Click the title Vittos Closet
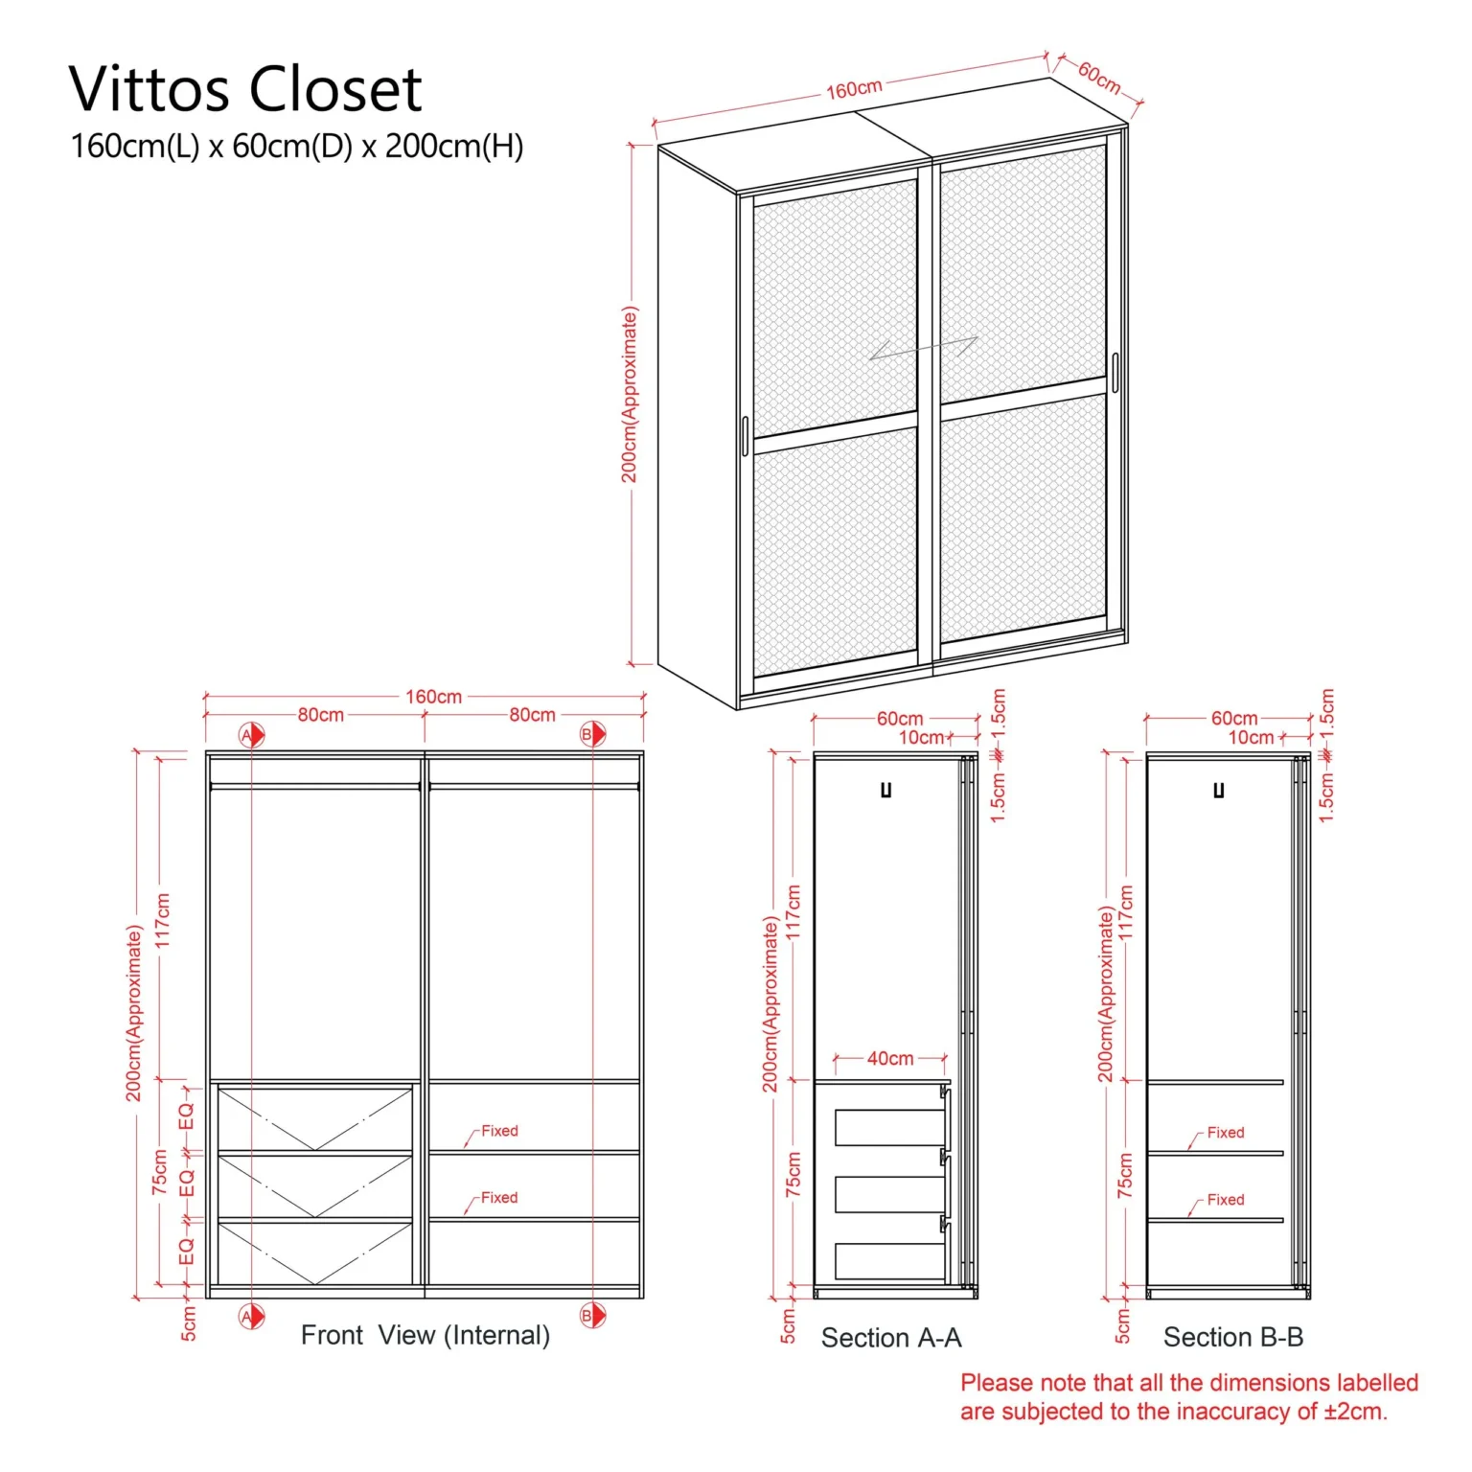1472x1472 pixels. [245, 90]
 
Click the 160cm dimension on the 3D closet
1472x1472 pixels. [854, 89]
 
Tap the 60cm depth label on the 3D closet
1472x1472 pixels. [1099, 77]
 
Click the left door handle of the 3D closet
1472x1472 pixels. [745, 436]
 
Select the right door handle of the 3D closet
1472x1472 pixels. [1115, 373]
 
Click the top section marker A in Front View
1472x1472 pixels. [251, 735]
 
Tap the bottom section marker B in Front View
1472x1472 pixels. [592, 1316]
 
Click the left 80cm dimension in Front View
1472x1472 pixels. [320, 715]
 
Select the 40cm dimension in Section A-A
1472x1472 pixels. [890, 1058]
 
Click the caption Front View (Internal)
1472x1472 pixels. [425, 1335]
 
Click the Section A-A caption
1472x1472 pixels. [891, 1338]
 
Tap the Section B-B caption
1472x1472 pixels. [1233, 1337]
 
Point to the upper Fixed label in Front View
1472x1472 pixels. [499, 1131]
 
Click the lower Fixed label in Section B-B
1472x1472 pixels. [1226, 1200]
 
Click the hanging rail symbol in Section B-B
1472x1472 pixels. [1219, 791]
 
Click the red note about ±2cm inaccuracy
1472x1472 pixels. [1189, 1397]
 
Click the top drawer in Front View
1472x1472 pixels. [315, 1118]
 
